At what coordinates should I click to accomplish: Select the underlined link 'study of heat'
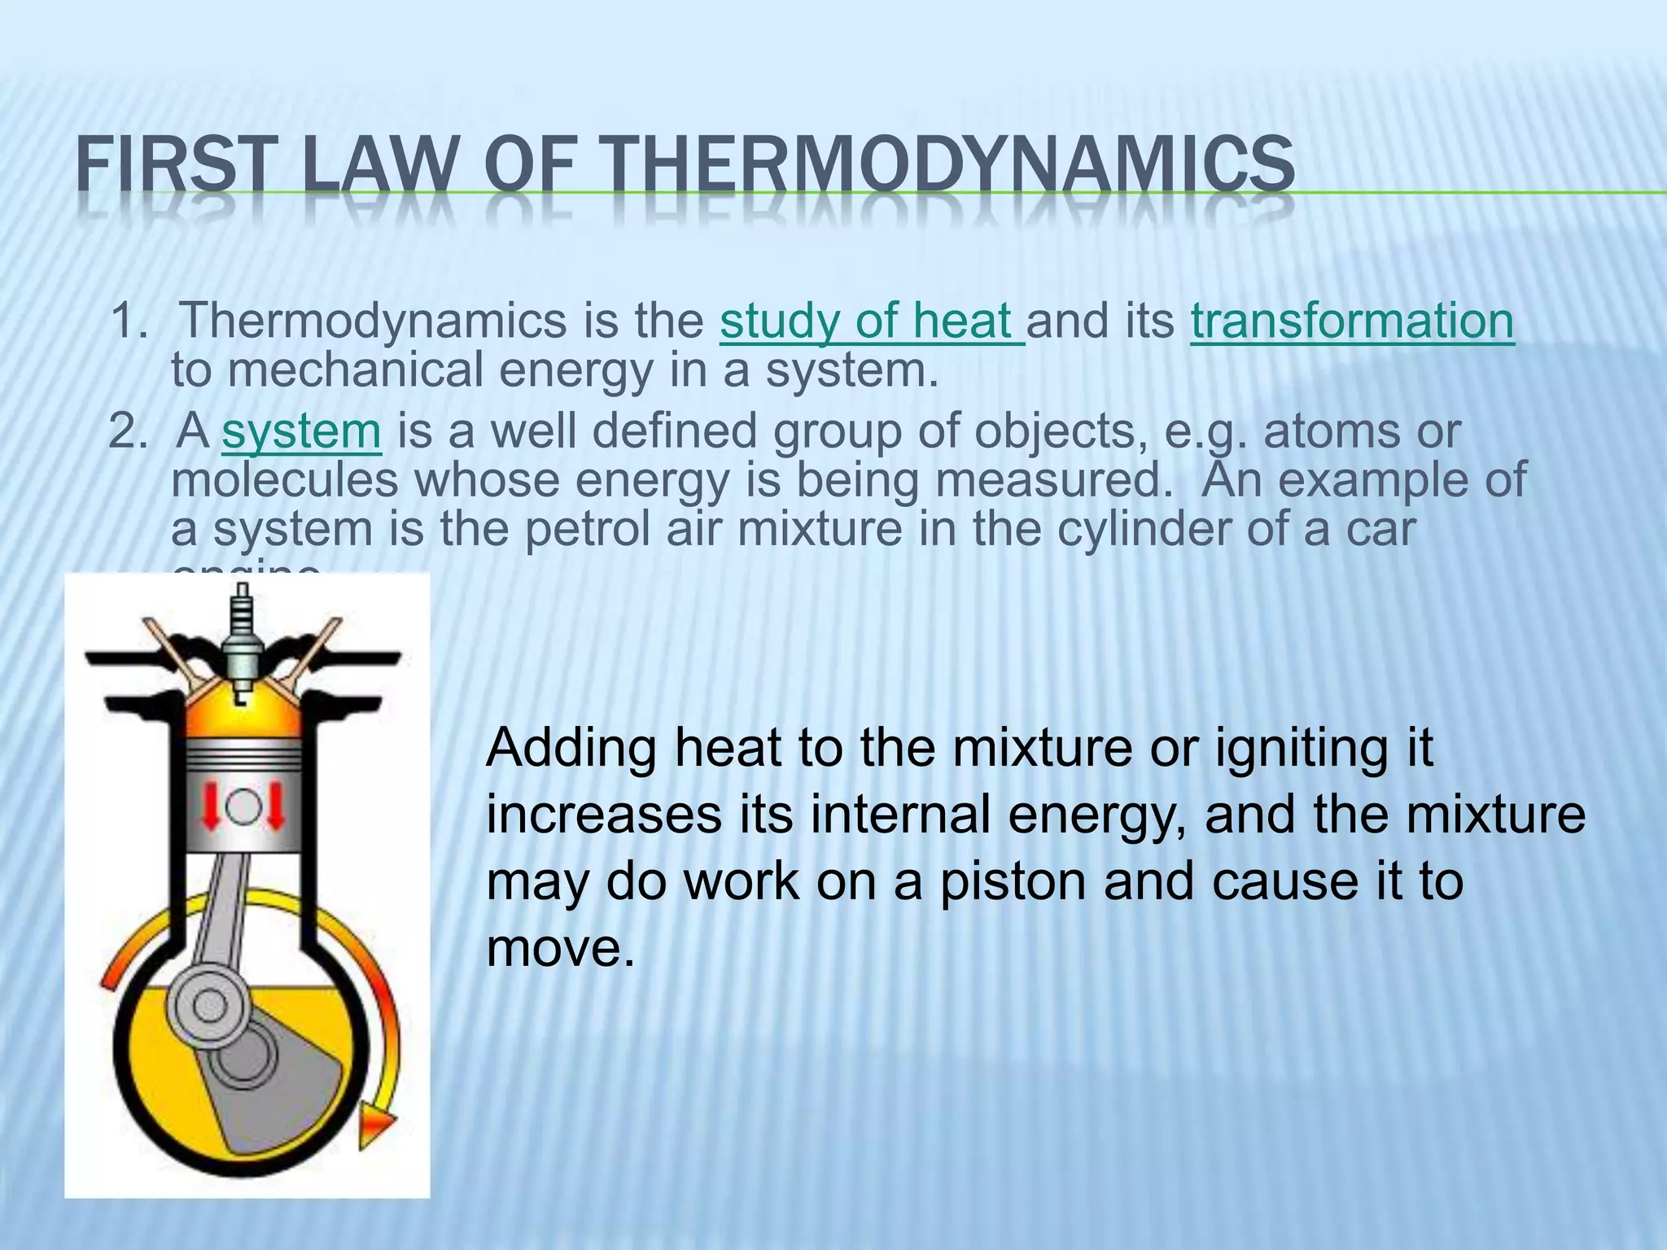pos(871,321)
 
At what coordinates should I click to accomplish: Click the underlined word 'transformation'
pos(1352,321)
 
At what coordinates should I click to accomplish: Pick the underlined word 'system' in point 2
pos(301,431)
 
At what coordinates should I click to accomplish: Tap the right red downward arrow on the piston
pos(275,806)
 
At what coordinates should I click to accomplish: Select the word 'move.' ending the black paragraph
pos(560,948)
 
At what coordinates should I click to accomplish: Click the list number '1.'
pos(130,321)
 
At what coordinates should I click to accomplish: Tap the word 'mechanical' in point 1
pos(354,370)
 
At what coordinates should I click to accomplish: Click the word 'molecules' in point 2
pos(285,480)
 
